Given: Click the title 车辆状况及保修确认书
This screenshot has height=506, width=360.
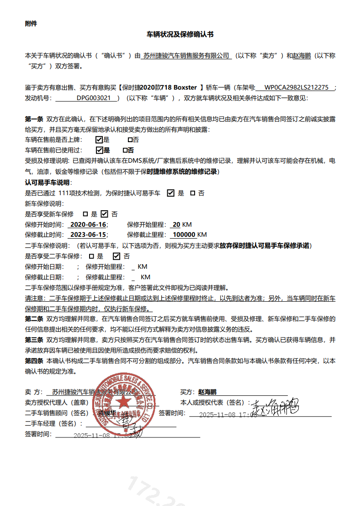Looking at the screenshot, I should pos(180,34).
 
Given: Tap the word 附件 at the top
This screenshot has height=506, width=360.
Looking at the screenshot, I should pos(31,24).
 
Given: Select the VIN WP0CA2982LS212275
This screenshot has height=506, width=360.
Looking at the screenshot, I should pos(296,87).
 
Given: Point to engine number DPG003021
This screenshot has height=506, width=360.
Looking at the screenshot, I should pos(93,98).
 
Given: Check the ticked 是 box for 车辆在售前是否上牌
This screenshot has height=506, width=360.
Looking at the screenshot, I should pos(99,139).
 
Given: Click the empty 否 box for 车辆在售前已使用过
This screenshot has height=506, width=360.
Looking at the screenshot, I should pos(125,150).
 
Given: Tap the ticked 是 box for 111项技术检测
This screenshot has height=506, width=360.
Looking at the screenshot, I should pos(171,193).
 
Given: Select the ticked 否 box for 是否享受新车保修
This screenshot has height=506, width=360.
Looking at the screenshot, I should pos(104,214).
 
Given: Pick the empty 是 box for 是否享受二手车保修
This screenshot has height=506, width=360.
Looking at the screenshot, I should pos(91,256).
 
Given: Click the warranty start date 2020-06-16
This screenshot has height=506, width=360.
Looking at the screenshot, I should pos(87,224).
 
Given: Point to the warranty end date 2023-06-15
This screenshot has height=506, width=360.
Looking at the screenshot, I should pos(87,235).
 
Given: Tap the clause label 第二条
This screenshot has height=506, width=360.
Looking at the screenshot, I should pos(34,319).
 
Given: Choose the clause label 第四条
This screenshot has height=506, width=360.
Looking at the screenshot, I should pos(34,361).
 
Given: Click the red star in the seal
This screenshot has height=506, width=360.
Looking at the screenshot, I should pos(122,403).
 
